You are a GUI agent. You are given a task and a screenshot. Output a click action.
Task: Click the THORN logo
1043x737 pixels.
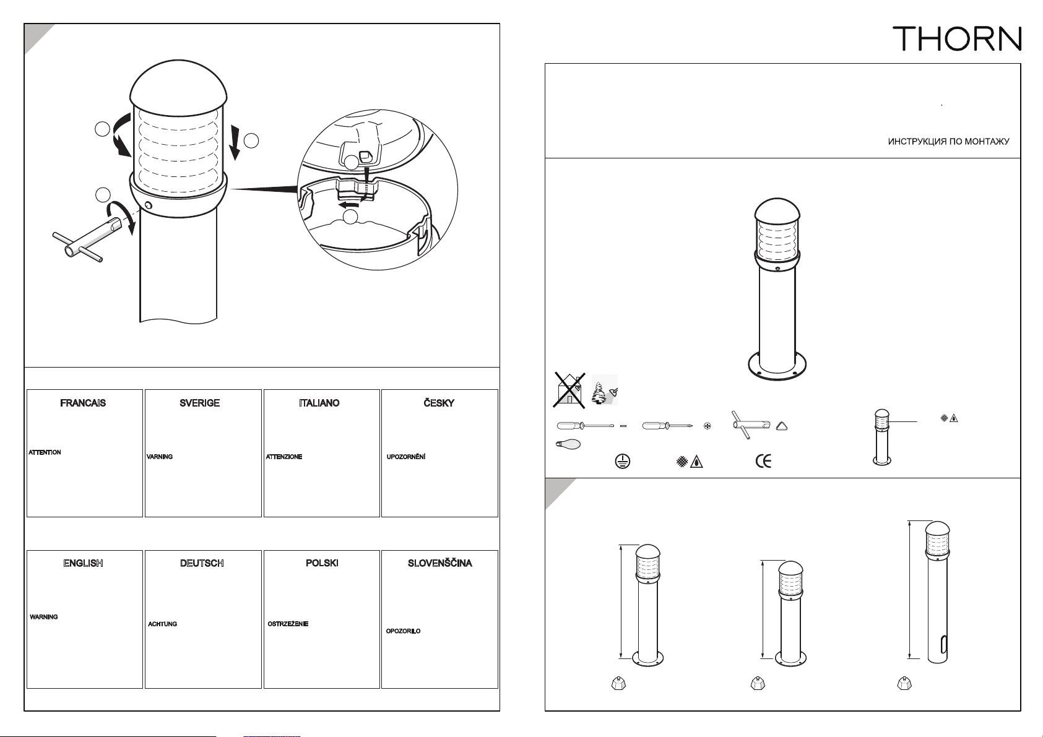957,38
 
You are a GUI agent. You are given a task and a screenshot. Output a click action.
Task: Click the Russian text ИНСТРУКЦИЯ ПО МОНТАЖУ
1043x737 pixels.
948,142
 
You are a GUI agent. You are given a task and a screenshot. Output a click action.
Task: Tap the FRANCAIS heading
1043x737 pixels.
83,403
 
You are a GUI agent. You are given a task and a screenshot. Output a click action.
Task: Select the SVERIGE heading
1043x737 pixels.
200,403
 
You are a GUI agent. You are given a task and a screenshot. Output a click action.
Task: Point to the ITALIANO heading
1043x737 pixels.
319,403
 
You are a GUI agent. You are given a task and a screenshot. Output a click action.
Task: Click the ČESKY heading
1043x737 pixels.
439,403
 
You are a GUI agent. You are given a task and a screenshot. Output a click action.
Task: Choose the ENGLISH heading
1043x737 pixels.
84,563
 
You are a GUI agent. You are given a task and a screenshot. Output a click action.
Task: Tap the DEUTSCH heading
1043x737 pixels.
202,563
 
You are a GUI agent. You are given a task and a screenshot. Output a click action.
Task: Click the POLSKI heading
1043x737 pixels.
322,563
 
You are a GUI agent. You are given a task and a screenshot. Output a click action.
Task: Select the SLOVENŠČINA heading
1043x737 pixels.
440,563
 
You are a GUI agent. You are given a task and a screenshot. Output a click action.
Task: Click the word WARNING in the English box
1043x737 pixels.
44,617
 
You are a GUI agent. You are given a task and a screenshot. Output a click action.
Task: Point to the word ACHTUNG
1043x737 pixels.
163,624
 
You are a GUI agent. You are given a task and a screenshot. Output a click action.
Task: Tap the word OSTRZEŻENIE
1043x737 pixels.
288,624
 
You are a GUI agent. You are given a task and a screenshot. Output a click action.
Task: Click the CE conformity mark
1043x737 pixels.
763,461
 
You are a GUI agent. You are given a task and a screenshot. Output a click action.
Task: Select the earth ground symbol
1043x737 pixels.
623,462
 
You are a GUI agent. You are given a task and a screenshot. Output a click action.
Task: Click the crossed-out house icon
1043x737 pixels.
569,390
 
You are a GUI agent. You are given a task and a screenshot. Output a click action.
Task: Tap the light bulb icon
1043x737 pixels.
568,445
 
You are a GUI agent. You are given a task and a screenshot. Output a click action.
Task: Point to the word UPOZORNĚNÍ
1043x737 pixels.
406,457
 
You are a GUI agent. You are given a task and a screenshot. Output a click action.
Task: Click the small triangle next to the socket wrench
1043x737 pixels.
782,426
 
